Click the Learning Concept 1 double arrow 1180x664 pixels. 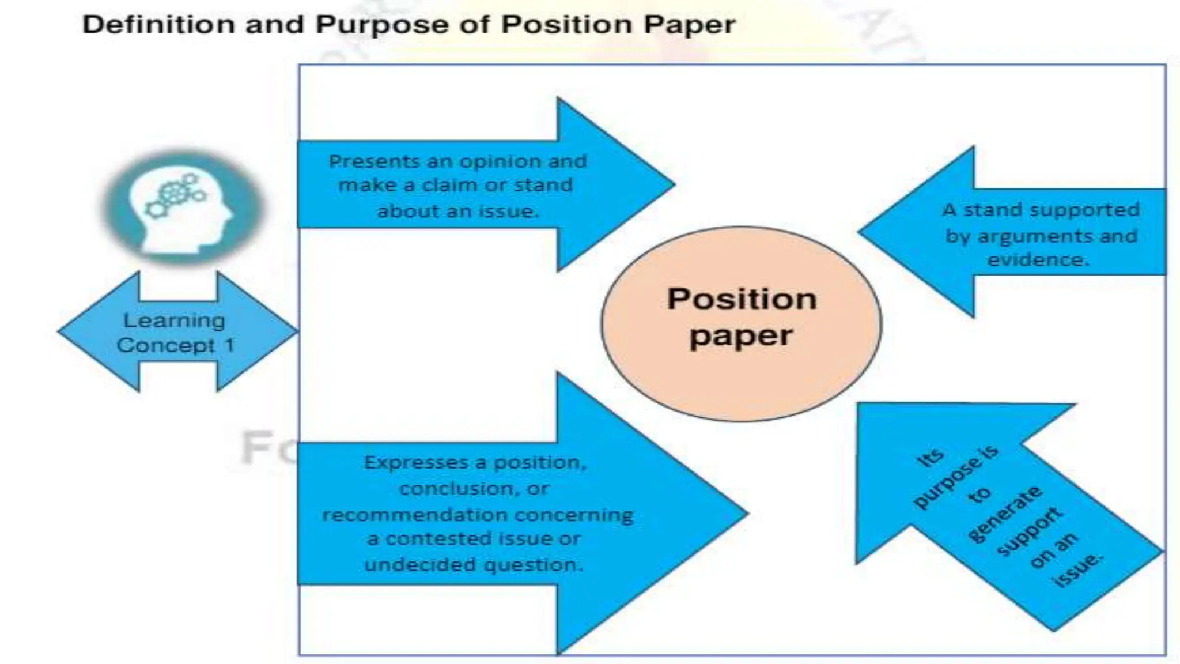177,332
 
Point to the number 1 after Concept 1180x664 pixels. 229,345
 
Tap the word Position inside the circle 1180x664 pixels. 742,299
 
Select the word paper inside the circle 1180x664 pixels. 741,336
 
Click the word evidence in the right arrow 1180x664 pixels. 1039,260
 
